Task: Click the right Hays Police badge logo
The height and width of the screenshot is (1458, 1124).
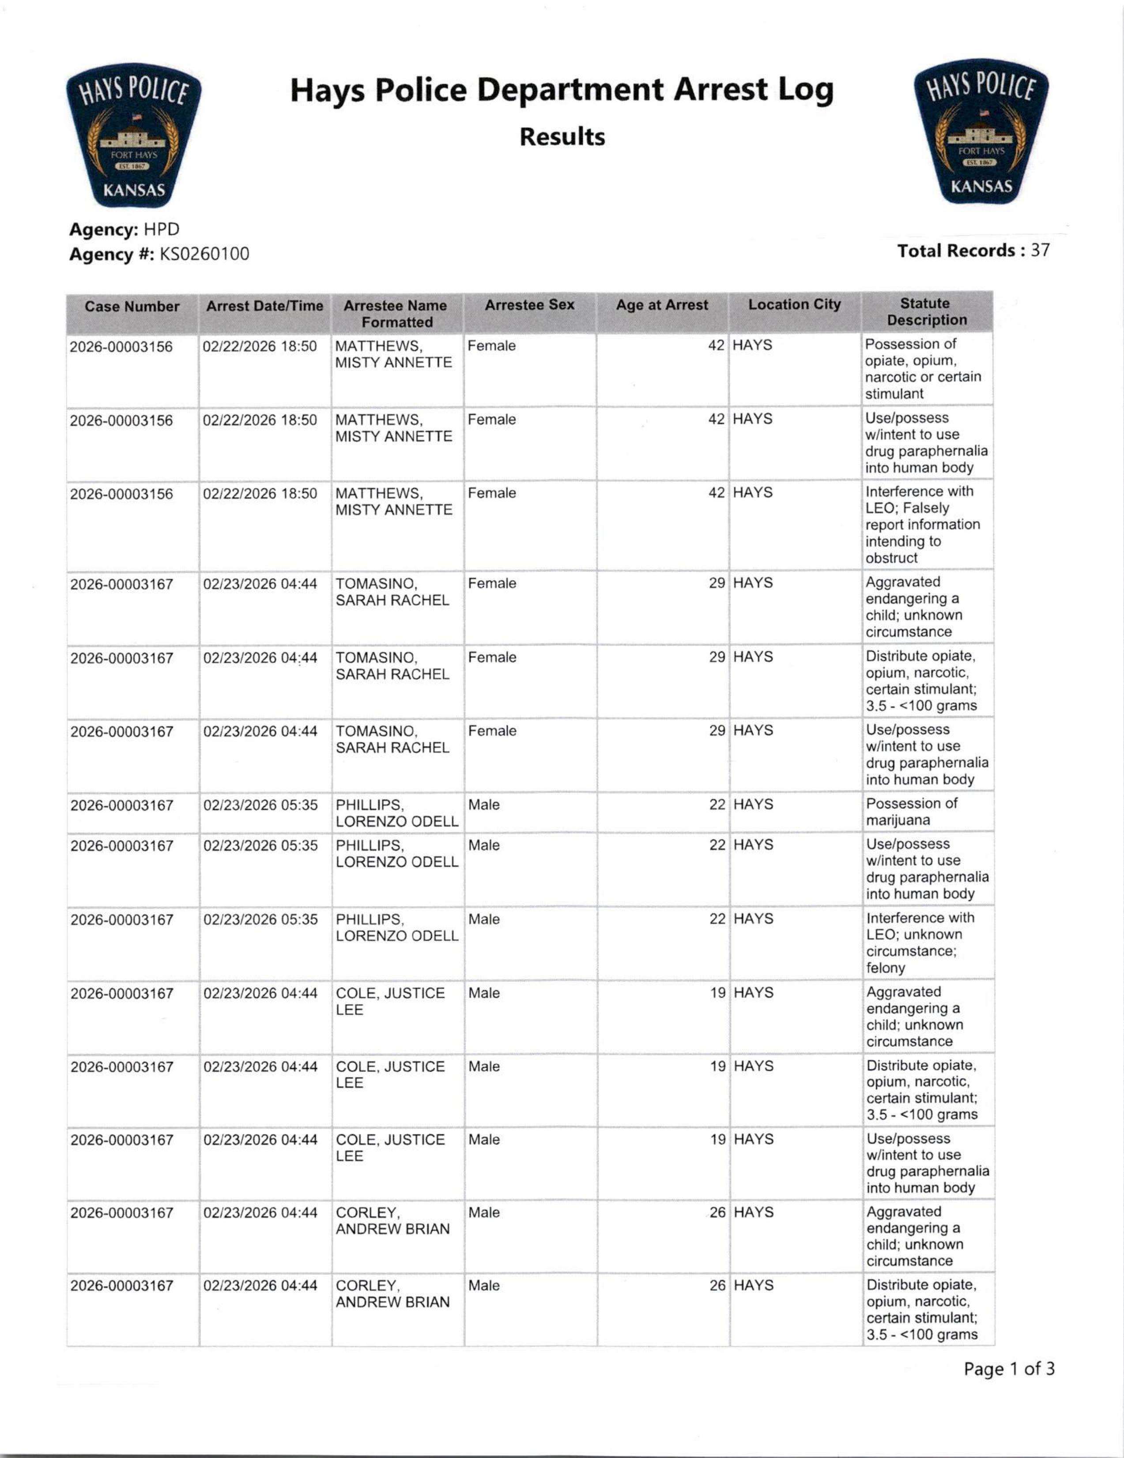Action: (x=981, y=133)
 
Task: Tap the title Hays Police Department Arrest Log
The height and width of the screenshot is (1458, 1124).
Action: (x=562, y=90)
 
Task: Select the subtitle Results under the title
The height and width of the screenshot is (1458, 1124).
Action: (x=562, y=137)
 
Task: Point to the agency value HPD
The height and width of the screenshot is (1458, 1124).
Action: (x=162, y=230)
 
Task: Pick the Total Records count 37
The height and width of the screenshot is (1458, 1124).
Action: (x=1040, y=251)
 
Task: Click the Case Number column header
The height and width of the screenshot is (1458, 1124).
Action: (x=132, y=307)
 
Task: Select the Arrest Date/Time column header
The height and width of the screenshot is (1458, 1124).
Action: (x=264, y=306)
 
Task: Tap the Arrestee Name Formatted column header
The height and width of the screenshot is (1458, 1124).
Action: (x=396, y=314)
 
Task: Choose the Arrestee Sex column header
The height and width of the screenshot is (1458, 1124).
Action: (x=529, y=305)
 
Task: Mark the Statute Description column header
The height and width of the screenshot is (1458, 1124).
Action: (x=926, y=312)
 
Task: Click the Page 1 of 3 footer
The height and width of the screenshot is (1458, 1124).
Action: (x=1008, y=1370)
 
